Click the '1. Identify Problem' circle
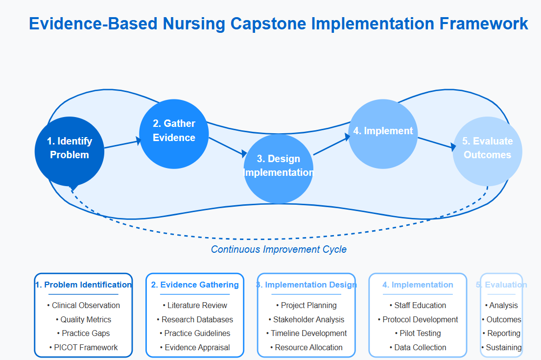coord(70,151)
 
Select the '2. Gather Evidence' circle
coord(174,134)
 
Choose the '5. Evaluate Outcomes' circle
coord(487,151)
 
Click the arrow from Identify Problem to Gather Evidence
coord(122,144)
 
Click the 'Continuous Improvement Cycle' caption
coord(279,249)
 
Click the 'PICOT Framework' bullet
coord(84,347)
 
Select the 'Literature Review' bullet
coord(195,305)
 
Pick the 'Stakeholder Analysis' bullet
coord(306,319)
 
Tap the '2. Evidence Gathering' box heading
coord(195,285)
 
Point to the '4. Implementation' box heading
coord(418,285)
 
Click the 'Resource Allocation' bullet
coord(306,347)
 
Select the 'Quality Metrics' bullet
coord(84,319)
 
